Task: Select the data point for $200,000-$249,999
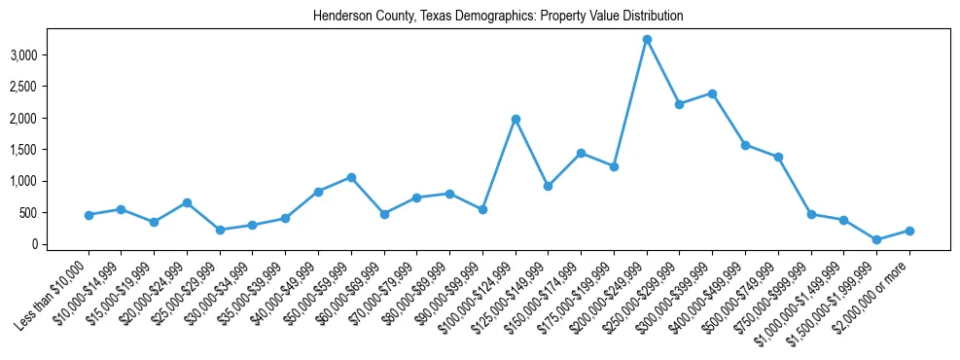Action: click(647, 40)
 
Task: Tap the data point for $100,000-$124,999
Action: click(516, 119)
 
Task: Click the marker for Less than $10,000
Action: click(89, 215)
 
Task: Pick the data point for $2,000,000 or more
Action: click(909, 231)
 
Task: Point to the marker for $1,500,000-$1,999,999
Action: click(876, 239)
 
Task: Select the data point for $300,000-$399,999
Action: click(712, 93)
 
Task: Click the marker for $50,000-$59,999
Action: click(351, 177)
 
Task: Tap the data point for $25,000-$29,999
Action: click(220, 230)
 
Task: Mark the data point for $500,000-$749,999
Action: click(778, 157)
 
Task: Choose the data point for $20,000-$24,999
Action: click(187, 202)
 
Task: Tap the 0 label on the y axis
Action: click(33, 244)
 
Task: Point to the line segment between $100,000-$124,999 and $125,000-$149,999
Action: click(532, 153)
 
